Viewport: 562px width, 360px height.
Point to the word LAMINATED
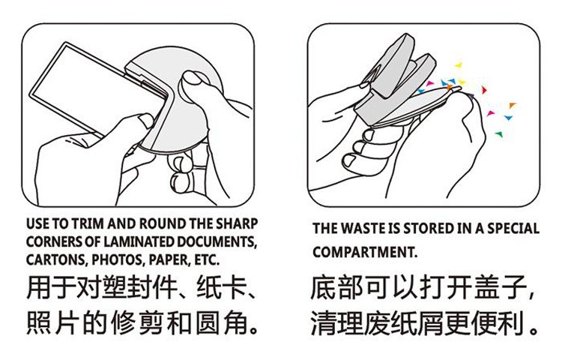tap(139, 241)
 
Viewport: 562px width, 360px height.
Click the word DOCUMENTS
tap(217, 242)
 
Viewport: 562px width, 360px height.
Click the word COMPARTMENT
tap(364, 252)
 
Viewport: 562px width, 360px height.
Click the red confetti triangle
tap(484, 90)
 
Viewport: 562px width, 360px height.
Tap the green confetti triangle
tap(498, 134)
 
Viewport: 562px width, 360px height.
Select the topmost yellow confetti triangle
tap(459, 65)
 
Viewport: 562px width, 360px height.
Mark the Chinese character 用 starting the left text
tap(39, 287)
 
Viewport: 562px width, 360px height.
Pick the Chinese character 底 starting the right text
tap(323, 287)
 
